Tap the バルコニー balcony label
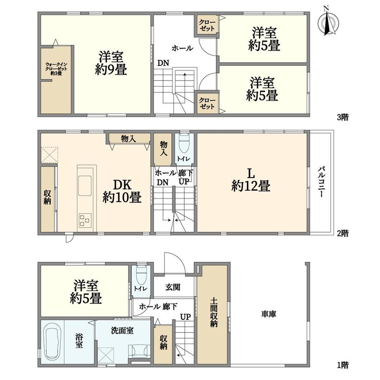pos(321,181)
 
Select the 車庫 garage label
pos(269,314)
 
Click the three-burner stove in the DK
pos(85,221)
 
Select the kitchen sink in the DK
pos(85,185)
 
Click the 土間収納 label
pos(214,313)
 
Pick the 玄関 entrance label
pos(173,287)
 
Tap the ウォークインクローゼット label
pos(56,69)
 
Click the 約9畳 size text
pos(111,70)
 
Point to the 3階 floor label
pos(343,117)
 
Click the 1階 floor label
pos(343,365)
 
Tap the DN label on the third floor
pos(163,63)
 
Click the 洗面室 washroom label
pos(122,330)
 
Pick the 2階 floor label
pos(343,233)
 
